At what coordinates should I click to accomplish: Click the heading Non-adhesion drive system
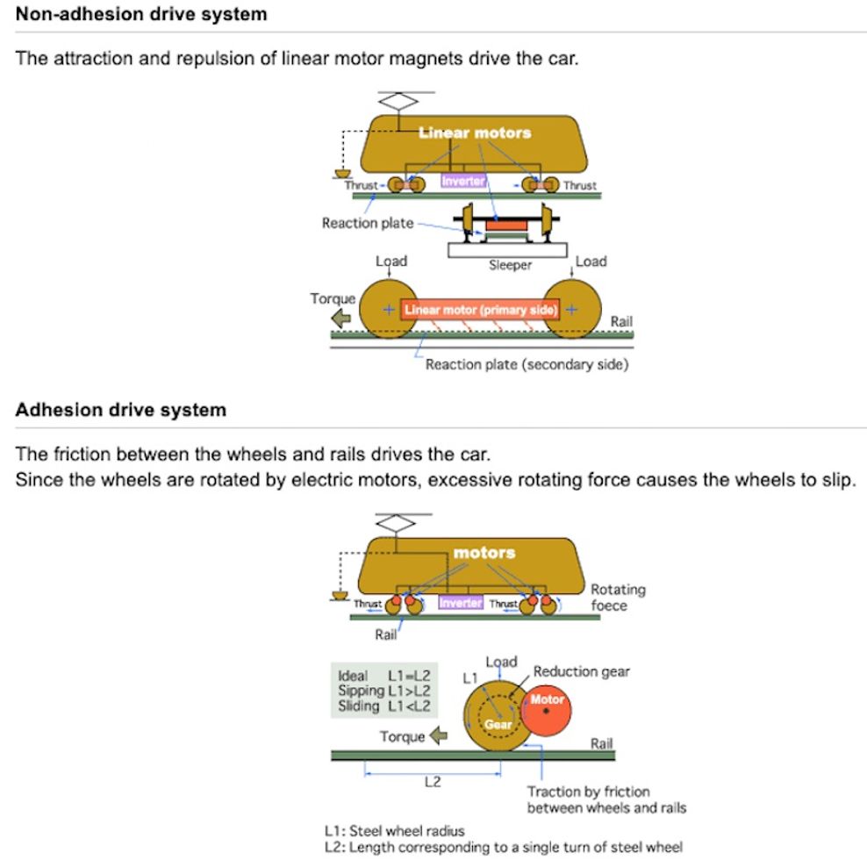141,15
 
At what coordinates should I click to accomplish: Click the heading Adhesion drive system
121,411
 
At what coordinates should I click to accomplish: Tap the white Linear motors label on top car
475,133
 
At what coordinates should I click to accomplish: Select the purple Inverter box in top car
463,181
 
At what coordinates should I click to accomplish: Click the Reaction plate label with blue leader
367,223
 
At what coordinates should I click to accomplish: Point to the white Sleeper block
510,250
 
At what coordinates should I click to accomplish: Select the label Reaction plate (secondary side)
527,364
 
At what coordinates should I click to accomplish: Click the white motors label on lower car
484,553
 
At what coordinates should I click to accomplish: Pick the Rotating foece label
617,598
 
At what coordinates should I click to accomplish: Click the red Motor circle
546,710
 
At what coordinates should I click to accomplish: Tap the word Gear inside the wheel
498,725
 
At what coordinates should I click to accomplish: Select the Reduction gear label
581,671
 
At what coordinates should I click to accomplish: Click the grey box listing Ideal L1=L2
383,691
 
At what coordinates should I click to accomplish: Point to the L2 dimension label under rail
432,783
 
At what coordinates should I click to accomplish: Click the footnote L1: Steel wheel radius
394,830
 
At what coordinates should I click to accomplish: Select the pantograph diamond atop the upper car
398,103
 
